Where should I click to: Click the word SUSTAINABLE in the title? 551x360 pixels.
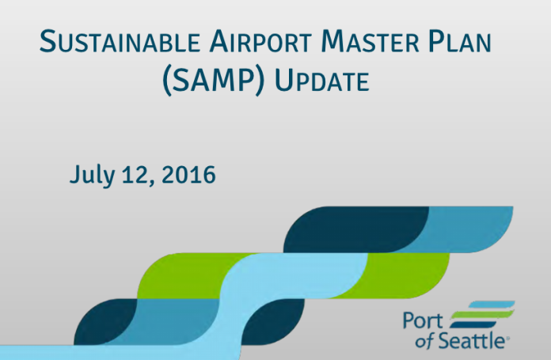coord(120,41)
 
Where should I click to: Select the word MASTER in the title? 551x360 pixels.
coord(370,41)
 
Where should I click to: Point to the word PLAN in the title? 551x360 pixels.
coord(460,41)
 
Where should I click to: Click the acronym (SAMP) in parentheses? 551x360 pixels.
coord(213,81)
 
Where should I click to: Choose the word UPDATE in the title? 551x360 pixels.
coord(321,81)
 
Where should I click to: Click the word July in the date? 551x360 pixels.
coord(92,175)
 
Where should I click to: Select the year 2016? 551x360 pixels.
coord(188,175)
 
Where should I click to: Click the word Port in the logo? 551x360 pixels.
coord(423,320)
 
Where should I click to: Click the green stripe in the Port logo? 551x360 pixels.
coord(482,314)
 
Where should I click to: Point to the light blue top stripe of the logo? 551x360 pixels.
coord(492,304)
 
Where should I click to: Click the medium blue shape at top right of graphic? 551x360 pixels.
coord(467,229)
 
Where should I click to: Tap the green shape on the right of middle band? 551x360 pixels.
coord(404,275)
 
